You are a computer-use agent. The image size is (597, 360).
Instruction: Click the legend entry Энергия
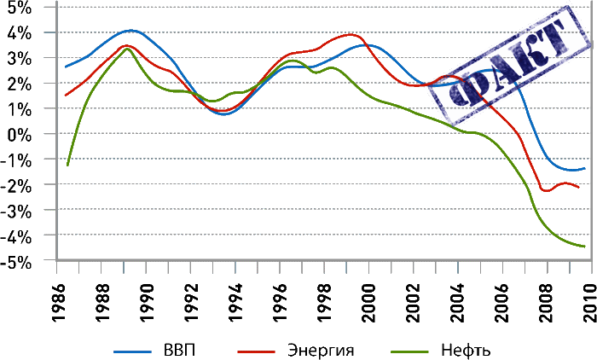pyautogui.click(x=320, y=349)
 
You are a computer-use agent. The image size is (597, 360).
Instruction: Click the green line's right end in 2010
pyautogui.click(x=585, y=246)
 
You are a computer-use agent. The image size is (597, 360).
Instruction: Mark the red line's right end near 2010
pyautogui.click(x=580, y=187)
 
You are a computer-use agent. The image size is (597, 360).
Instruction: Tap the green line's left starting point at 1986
pyautogui.click(x=67, y=164)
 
